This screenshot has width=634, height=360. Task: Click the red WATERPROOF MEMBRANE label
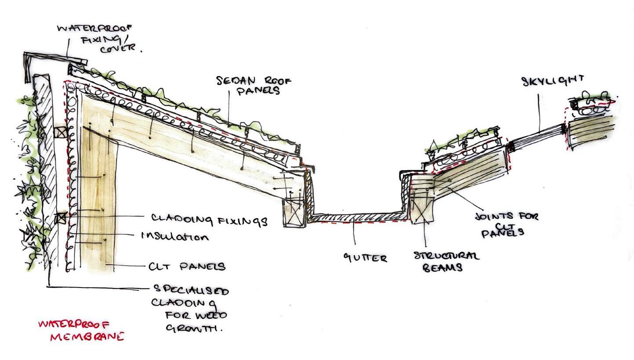(80, 331)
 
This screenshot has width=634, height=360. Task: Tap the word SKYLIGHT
(553, 80)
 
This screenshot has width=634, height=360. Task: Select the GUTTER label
(365, 258)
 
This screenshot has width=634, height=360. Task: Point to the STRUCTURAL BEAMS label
(446, 261)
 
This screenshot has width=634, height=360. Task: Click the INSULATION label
(174, 236)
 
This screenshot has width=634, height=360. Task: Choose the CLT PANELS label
(187, 266)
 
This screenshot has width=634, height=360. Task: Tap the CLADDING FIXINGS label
(209, 219)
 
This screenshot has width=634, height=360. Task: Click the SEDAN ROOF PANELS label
(254, 85)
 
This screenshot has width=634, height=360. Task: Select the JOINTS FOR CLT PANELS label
(506, 224)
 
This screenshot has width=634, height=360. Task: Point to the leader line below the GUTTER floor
(355, 233)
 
